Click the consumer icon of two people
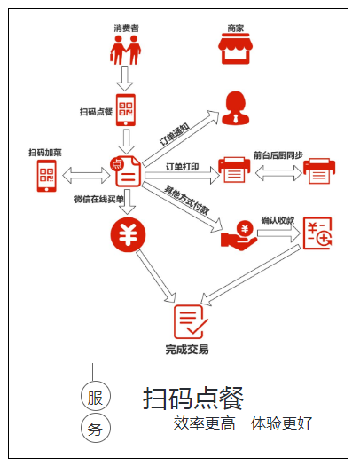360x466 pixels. [125, 49]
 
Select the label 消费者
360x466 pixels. [126, 28]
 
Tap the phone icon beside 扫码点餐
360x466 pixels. [126, 110]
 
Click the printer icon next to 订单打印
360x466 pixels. [234, 170]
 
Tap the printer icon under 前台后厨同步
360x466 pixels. [320, 173]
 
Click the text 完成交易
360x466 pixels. [187, 351]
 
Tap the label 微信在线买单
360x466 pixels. [99, 199]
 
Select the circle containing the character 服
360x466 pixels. [95, 395]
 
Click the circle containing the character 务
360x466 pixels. [95, 428]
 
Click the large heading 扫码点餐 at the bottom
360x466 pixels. [193, 399]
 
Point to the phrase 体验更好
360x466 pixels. [281, 424]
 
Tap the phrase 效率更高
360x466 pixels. [205, 424]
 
